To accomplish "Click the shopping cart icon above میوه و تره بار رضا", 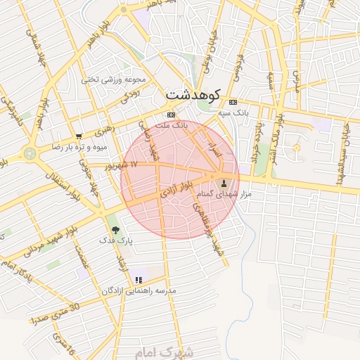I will coord(79,136).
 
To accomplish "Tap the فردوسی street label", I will coord(239,67).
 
